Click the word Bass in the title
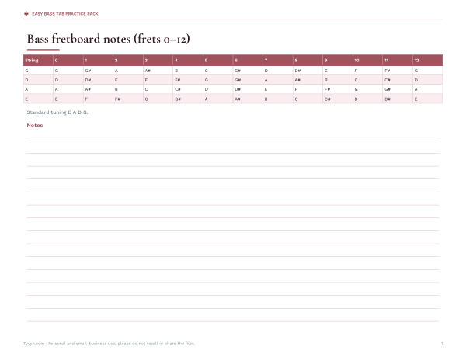coord(38,39)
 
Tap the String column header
coord(32,61)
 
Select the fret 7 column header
coord(266,61)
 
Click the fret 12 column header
coord(416,61)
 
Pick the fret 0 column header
coord(56,61)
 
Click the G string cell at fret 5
coord(207,71)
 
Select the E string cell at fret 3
coord(146,99)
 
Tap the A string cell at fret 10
coord(356,89)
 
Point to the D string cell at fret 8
coord(297,80)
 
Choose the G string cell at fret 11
coord(388,71)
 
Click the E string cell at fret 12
coord(416,99)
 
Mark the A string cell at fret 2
coord(116,89)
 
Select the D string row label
coord(26,80)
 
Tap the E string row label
coord(26,99)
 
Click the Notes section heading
coord(35,125)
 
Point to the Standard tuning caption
coord(57,112)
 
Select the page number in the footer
coord(442,344)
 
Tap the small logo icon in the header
coord(26,14)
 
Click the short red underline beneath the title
coord(43,50)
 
